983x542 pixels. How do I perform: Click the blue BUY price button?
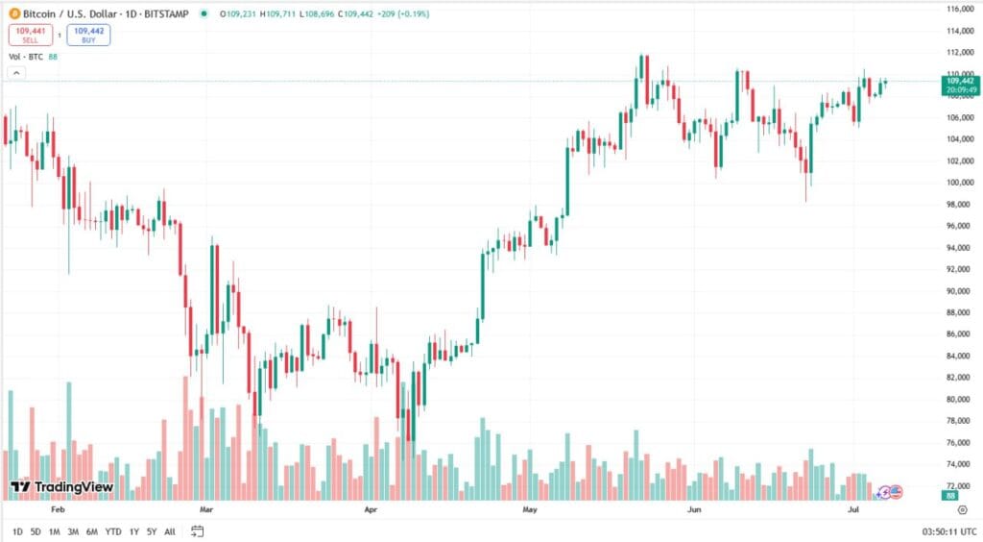88,35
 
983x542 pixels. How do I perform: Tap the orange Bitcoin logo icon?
13,14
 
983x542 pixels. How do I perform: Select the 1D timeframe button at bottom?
17,531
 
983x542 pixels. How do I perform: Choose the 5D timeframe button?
35,531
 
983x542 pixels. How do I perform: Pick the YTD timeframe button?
112,531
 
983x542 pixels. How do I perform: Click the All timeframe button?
170,531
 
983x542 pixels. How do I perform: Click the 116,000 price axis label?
961,9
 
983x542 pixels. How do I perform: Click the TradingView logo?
61,487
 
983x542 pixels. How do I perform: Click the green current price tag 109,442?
959,85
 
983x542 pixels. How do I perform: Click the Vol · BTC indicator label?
26,58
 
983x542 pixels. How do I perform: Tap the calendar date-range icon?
197,531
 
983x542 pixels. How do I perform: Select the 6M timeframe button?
91,531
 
